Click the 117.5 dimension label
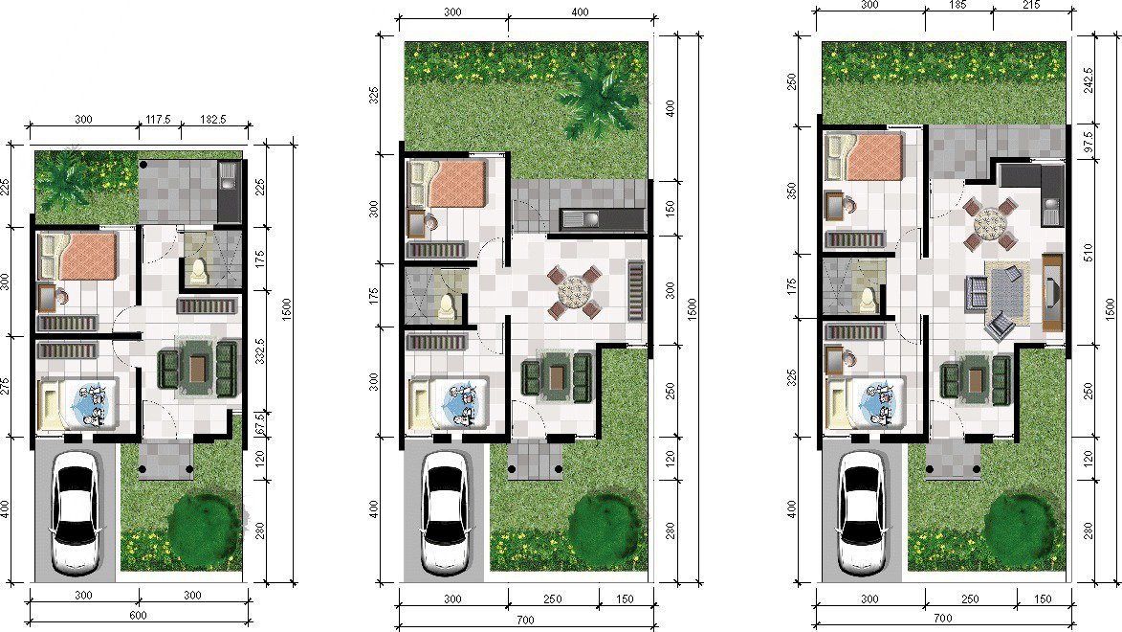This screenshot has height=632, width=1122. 158,120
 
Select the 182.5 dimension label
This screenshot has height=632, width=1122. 212,120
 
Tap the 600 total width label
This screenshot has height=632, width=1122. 138,616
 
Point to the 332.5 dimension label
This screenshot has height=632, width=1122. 259,351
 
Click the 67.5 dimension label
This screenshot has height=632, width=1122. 259,422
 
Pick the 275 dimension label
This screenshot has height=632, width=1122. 5,387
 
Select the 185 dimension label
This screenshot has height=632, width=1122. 957,4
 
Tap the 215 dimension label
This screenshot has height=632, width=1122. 1032,4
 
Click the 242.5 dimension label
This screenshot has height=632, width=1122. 1089,81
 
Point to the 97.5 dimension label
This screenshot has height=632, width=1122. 1089,141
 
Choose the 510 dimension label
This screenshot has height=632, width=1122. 1089,252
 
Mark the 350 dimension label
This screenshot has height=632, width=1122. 791,191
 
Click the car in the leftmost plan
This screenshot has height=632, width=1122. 76,511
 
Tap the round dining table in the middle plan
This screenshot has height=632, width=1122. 574,291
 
